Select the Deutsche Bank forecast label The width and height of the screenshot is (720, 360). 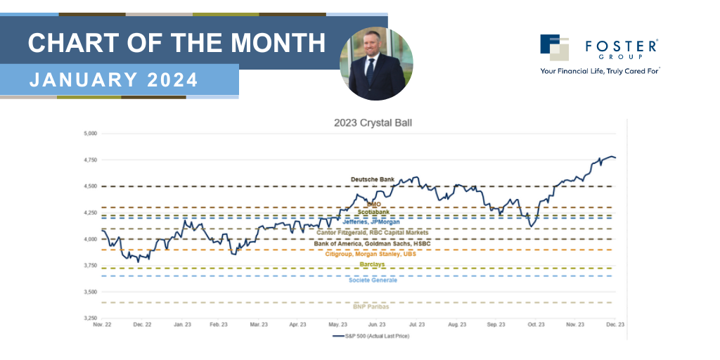[373, 180]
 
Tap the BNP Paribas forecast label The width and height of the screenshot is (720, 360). [371, 307]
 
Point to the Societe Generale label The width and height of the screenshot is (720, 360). [373, 281]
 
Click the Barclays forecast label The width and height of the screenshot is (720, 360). [373, 264]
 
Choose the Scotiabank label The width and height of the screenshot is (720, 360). [373, 212]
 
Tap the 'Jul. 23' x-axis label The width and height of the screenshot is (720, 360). [417, 326]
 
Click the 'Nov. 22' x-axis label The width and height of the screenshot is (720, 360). [102, 326]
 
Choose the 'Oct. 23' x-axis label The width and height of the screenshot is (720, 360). [536, 326]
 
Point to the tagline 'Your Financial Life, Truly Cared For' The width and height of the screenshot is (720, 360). [600, 71]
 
